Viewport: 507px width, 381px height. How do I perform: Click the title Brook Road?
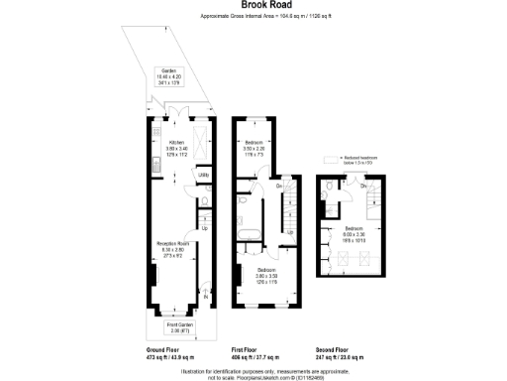253,5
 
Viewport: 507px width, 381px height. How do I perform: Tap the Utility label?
202,175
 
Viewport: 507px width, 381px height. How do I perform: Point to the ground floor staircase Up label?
205,229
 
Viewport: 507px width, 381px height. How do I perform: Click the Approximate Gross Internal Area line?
253,17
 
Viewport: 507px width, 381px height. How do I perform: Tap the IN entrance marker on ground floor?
206,297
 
